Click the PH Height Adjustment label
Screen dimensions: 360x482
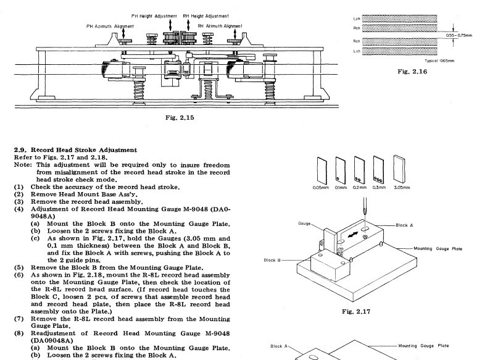click(154, 15)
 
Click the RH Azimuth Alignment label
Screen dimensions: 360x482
click(220, 26)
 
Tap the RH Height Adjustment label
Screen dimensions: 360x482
click(206, 15)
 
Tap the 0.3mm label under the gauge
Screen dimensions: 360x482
click(378, 187)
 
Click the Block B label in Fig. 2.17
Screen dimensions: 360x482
click(272, 260)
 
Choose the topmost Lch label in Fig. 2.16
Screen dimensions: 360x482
click(356, 19)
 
